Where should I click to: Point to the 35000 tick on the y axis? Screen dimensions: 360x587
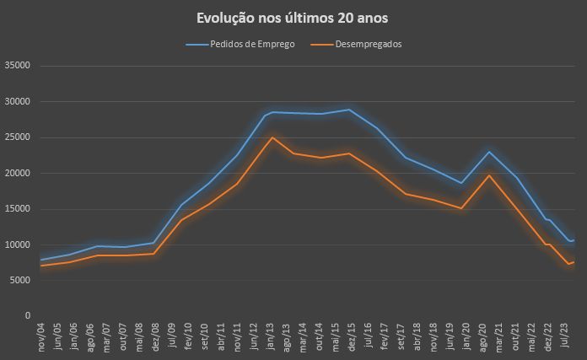(x=17, y=66)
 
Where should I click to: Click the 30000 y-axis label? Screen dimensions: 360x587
(x=17, y=102)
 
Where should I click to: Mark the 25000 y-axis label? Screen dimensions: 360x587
(x=17, y=137)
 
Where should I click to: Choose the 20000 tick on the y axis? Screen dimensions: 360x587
(x=17, y=174)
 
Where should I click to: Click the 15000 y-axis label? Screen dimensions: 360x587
(x=17, y=209)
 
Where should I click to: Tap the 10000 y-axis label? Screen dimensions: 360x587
(x=17, y=245)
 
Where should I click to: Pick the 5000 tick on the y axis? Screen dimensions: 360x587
(x=19, y=281)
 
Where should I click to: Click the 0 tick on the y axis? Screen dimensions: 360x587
(x=29, y=316)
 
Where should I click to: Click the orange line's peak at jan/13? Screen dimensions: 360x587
(x=272, y=137)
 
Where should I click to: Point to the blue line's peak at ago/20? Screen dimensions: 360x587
(x=488, y=152)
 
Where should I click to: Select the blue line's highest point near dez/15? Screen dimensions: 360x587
(x=349, y=110)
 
